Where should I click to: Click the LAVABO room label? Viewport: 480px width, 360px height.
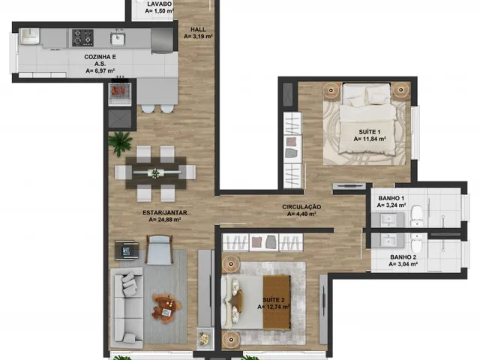coord(160,4)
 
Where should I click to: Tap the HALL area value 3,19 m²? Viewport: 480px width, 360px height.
coord(198,37)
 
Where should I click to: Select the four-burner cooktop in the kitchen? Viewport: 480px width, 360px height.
coord(82,37)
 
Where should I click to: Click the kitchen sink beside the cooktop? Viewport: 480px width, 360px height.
coord(117,38)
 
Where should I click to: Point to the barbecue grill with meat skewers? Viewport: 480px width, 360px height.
coord(120,91)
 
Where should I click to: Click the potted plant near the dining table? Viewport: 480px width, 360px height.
coord(120,142)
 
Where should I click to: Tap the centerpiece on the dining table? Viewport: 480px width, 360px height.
coord(155,173)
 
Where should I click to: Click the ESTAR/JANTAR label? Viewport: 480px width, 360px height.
coord(165,213)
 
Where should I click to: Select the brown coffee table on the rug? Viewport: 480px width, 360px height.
coord(166,308)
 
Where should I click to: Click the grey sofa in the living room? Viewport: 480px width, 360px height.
coord(127,308)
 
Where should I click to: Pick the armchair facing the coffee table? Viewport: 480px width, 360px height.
coord(159,249)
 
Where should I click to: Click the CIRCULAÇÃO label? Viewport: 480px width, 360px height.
coord(301,207)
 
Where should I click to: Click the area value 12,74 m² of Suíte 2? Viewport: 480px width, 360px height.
coord(274,307)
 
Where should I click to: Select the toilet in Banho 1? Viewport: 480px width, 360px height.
coord(417,216)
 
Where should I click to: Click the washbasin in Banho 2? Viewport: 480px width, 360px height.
coord(388,240)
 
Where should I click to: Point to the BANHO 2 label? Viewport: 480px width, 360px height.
coord(403,257)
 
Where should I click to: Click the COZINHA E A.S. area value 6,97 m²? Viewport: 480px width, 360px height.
coord(100,71)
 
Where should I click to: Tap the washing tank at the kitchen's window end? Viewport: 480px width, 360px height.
coord(30,36)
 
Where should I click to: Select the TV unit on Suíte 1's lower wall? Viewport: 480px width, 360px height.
coord(349,186)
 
